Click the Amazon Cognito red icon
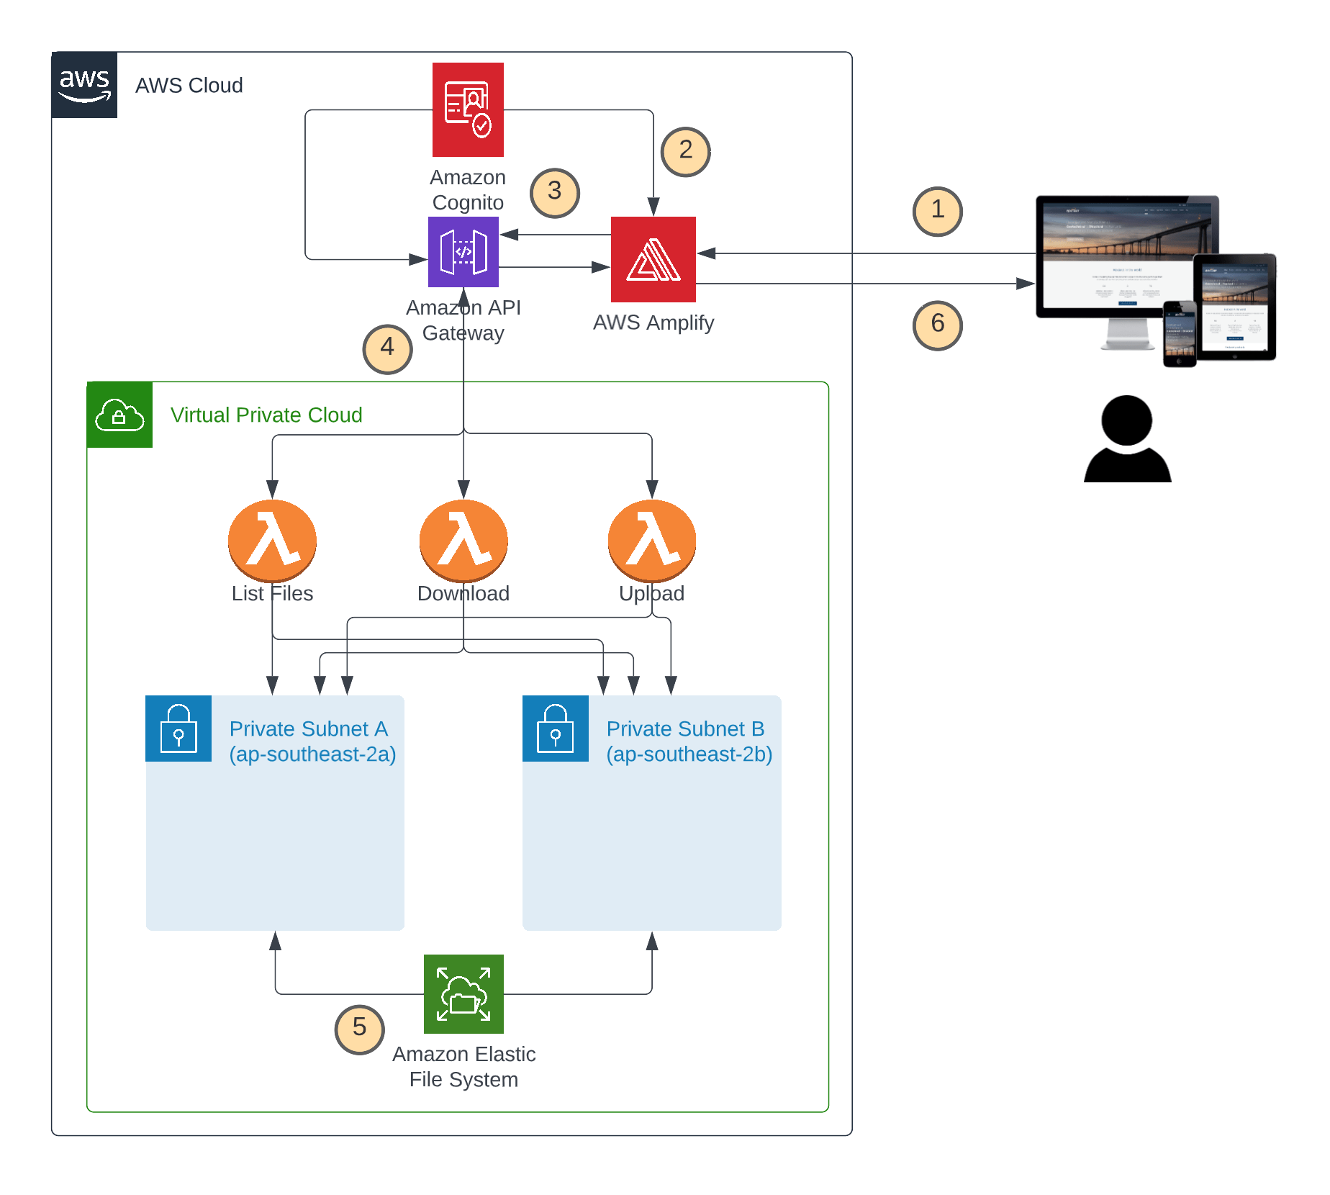(x=468, y=109)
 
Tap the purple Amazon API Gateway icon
(x=463, y=252)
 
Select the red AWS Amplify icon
(x=653, y=259)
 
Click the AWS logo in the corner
(x=84, y=85)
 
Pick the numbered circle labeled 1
(x=937, y=211)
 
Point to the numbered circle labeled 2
(x=685, y=151)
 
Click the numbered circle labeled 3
(x=554, y=192)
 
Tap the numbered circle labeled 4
(x=387, y=348)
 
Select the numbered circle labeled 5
(x=359, y=1029)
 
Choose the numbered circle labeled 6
(x=937, y=325)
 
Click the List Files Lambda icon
(x=272, y=540)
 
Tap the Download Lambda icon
(x=463, y=540)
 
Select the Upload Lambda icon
(x=651, y=540)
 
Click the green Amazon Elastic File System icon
(x=463, y=993)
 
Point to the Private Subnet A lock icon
(x=178, y=729)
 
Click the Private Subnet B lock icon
(x=555, y=729)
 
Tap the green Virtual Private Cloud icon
(x=119, y=415)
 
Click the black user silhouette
(x=1127, y=439)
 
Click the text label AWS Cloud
(x=189, y=86)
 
